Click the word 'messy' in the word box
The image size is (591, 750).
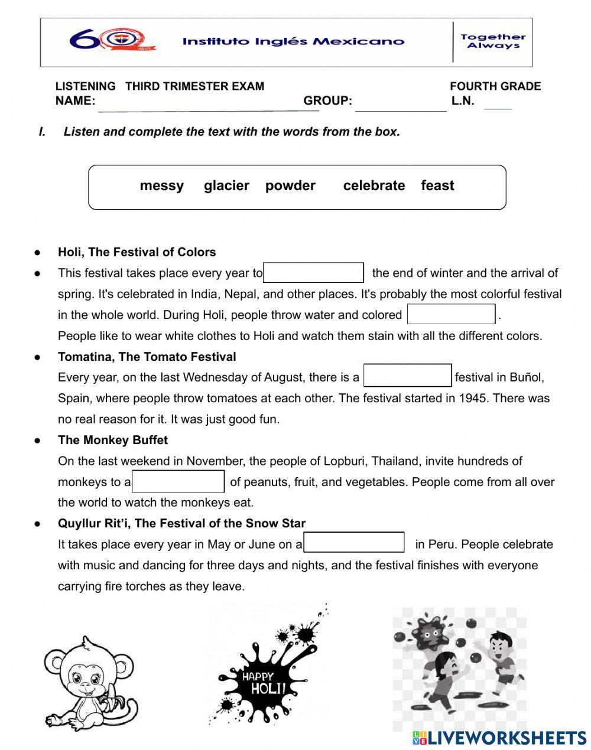coord(161,185)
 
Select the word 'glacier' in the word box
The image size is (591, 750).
coord(226,185)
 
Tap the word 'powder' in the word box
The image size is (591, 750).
coord(290,185)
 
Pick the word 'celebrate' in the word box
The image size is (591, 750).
coord(374,185)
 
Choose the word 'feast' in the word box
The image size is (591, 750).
coord(437,185)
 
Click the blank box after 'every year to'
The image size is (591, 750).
coord(313,273)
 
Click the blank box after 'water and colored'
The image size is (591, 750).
coord(451,314)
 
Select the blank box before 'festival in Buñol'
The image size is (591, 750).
coord(407,376)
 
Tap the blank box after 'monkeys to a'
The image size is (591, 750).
coord(178,481)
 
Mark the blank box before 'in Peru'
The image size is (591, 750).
coord(354,543)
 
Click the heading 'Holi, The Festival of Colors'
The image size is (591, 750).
coord(137,252)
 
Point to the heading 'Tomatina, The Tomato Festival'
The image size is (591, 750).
coord(147,357)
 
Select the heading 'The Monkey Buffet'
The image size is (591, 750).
coord(112,440)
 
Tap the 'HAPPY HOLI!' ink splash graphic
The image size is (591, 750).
coord(266,679)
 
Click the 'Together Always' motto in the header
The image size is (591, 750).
coord(492,41)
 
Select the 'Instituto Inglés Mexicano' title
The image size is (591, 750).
coord(293,41)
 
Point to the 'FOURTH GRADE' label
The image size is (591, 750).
coord(495,86)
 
